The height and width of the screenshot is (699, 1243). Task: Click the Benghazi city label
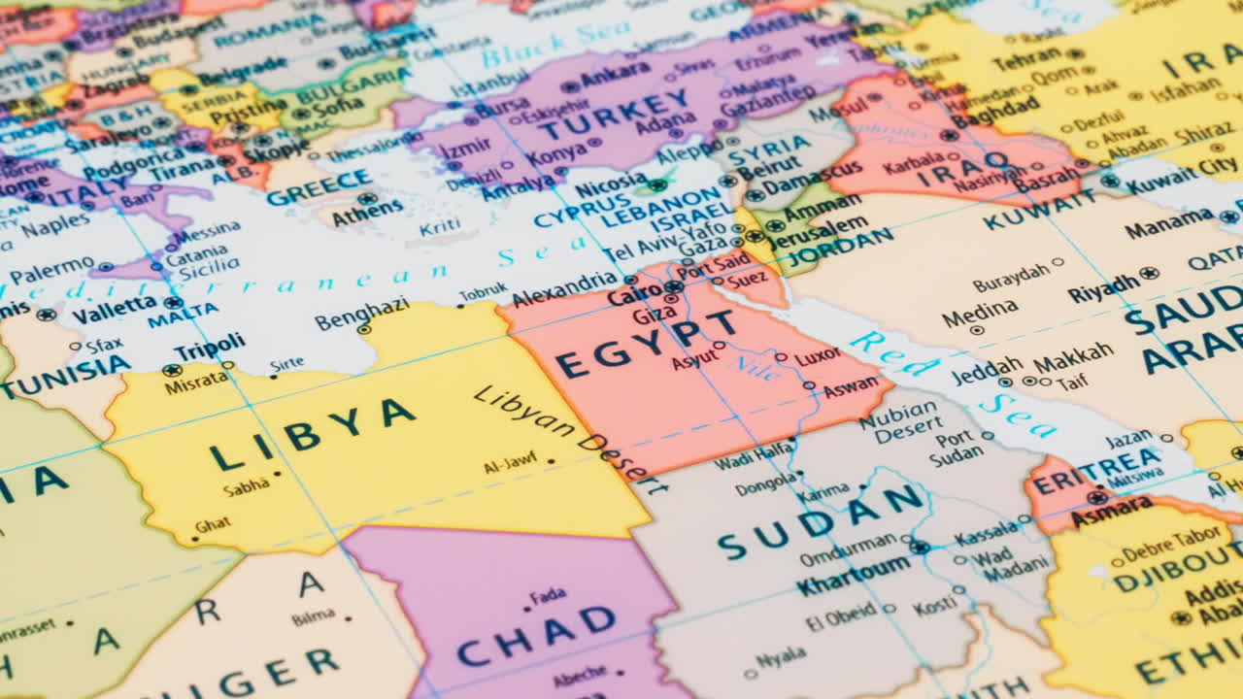click(361, 313)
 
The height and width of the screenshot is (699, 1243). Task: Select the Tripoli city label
click(210, 347)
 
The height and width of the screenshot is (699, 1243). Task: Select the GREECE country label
click(319, 187)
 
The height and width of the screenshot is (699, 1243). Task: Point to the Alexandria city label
click(563, 289)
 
